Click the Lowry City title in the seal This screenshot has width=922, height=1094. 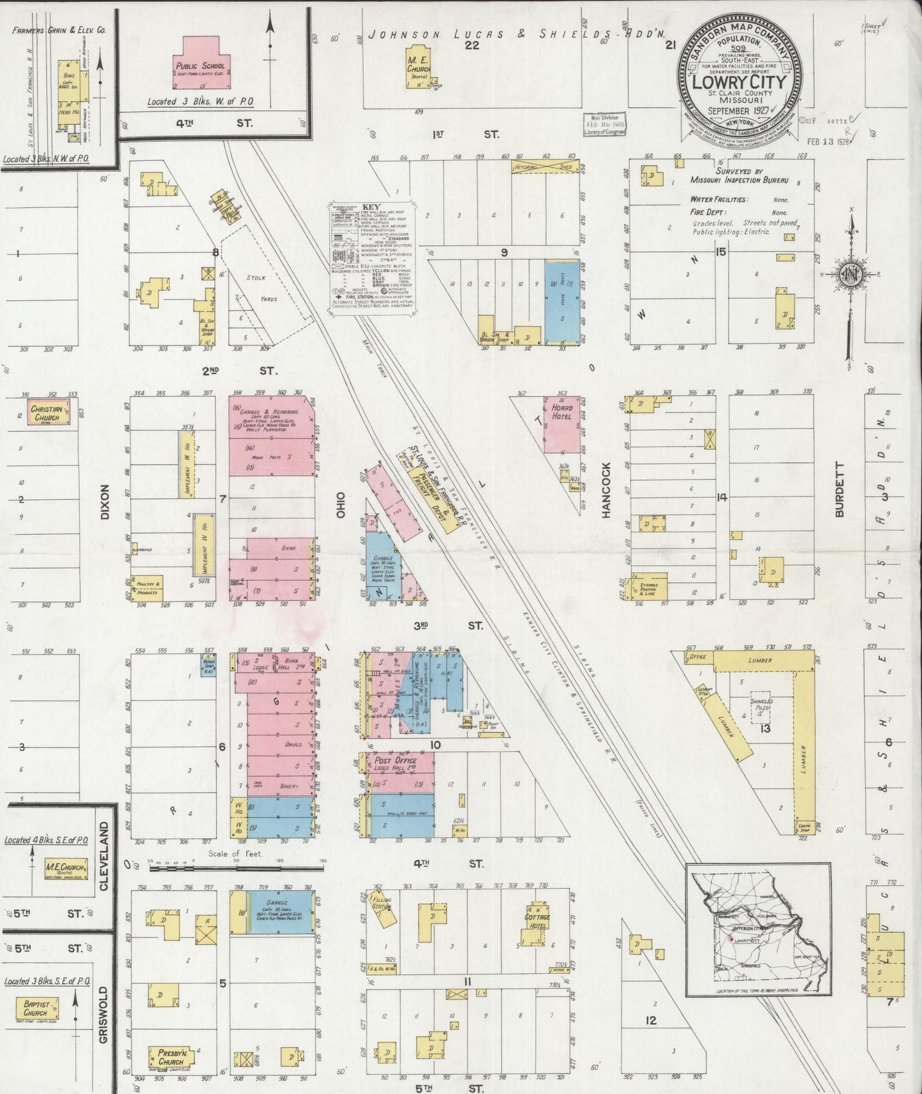point(740,84)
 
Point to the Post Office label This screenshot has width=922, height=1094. point(396,760)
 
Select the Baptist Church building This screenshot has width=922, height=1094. point(36,1008)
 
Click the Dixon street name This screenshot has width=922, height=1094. point(105,502)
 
